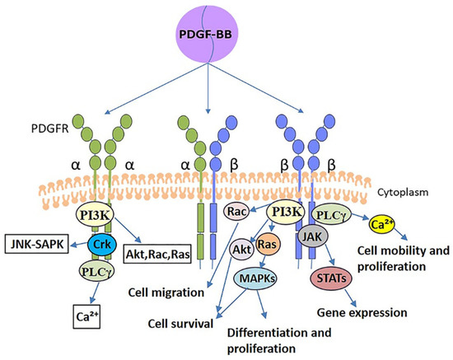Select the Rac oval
pyautogui.click(x=237, y=213)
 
